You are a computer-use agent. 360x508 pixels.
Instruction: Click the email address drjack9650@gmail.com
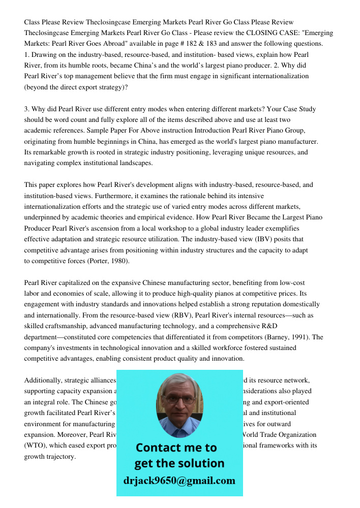pos(179,481)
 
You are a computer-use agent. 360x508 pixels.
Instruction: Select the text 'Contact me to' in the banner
pos(176,448)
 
